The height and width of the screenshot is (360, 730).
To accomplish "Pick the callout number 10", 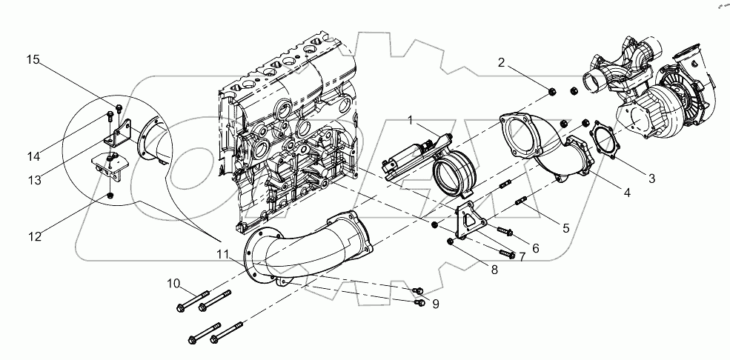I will (173, 283).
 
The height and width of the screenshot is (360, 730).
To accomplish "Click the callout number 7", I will (522, 256).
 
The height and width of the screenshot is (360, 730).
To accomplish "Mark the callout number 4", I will (626, 194).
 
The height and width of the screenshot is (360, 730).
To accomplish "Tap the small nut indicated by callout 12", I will (110, 196).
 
